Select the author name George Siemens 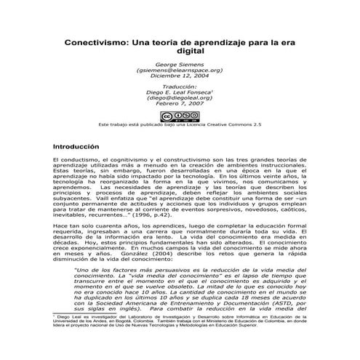pyautogui.click(x=179, y=64)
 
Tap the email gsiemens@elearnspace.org pyautogui.click(x=179, y=71)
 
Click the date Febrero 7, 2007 pyautogui.click(x=179, y=108)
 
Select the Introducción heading pyautogui.click(x=80, y=145)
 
